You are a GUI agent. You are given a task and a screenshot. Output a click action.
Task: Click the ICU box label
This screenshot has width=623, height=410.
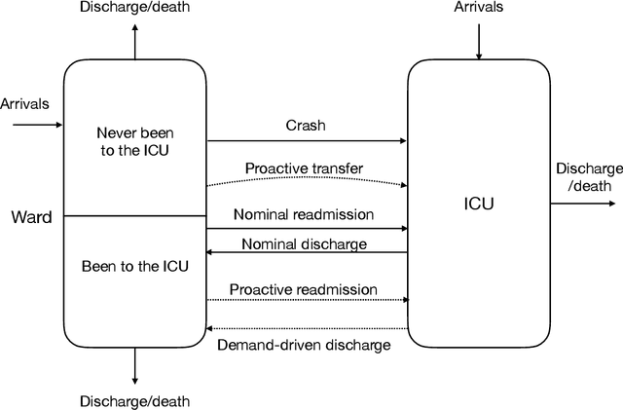[x=477, y=205]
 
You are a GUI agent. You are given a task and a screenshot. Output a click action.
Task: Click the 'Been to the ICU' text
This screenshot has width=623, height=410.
[x=134, y=265]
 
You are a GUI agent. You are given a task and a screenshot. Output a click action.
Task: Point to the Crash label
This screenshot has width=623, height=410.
[x=305, y=126]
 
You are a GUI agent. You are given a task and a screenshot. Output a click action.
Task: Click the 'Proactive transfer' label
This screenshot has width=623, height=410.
[x=304, y=168]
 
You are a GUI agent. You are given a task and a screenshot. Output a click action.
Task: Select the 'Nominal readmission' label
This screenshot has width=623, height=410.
[x=304, y=213]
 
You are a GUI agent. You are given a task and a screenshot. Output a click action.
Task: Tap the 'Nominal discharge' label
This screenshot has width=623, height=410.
[x=304, y=243]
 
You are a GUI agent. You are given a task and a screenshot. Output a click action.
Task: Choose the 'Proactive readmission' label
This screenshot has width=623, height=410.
[x=304, y=289]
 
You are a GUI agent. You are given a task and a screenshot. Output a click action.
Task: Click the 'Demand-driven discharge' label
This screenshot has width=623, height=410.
[x=304, y=344]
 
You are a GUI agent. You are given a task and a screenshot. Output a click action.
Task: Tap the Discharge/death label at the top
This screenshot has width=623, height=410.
[x=134, y=9]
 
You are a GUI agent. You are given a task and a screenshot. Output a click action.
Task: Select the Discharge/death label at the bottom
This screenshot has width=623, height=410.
[x=134, y=400]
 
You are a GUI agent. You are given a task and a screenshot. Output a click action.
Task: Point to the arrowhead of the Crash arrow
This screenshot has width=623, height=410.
[x=402, y=141]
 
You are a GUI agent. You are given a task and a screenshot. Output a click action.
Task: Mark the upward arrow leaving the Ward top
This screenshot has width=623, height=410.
[x=134, y=41]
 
